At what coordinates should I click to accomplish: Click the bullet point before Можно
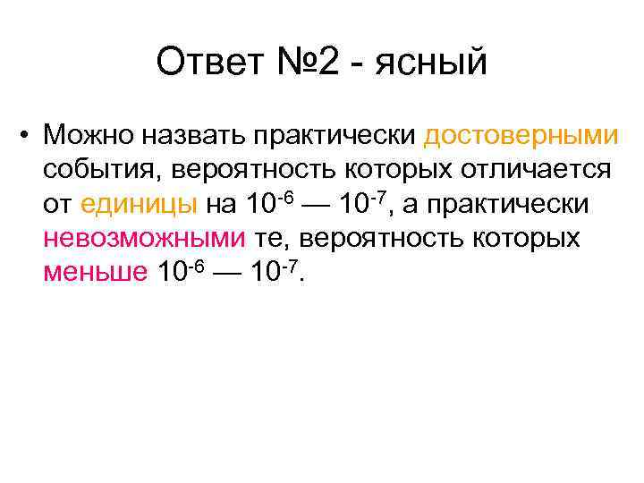[x=30, y=136]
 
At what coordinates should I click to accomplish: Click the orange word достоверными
[x=521, y=136]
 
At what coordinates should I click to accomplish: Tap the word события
[x=102, y=170]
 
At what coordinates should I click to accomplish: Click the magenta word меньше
[x=95, y=272]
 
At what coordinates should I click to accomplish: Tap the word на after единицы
[x=221, y=205]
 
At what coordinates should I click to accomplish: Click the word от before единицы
[x=58, y=205]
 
